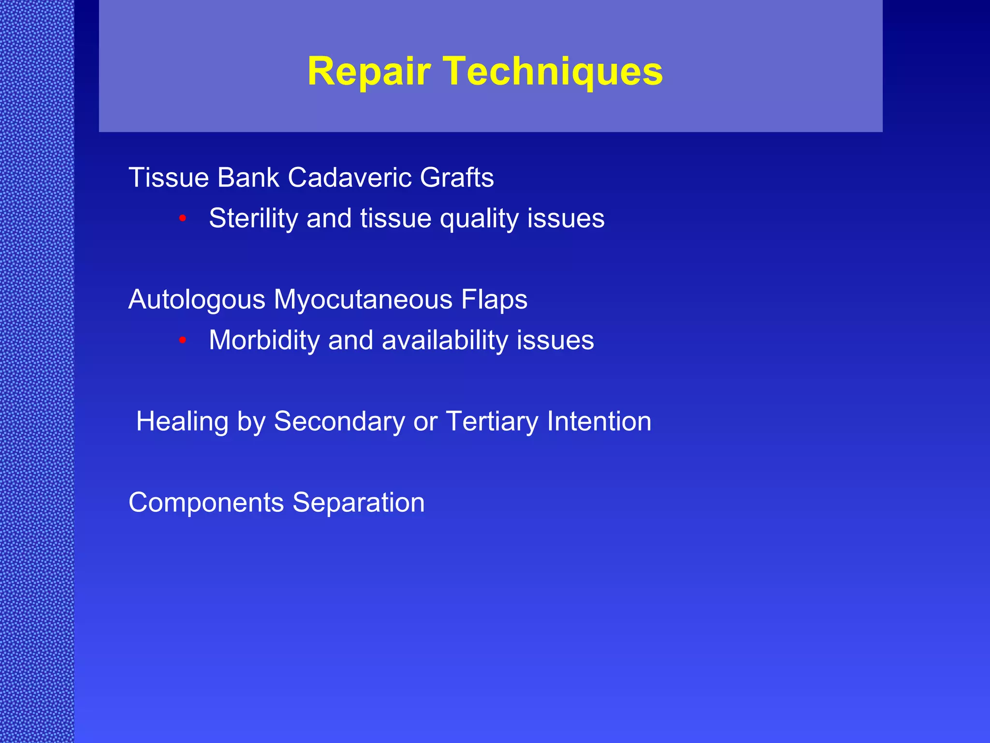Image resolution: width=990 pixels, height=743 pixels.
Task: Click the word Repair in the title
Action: coord(368,72)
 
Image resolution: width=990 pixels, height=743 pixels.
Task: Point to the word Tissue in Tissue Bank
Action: coord(168,178)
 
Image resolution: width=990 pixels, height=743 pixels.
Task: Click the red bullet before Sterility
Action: coord(182,219)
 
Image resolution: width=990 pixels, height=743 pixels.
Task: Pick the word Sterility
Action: coord(253,218)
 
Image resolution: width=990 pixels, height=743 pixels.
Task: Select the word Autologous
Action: coord(197,300)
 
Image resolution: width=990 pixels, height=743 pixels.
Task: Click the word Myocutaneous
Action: coord(363,300)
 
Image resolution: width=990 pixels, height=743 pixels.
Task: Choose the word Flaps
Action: coord(494,300)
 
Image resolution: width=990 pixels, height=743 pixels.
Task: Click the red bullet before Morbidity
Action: coord(182,341)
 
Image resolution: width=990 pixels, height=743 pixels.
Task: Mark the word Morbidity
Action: coord(264,340)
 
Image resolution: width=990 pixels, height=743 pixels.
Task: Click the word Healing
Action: coord(182,422)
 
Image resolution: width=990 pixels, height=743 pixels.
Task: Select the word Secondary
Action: coord(339,422)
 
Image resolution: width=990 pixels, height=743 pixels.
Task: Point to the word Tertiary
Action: coord(492,422)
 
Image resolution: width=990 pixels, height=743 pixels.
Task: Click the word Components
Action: coord(206,503)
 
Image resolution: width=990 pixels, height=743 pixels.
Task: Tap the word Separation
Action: coord(358,503)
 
